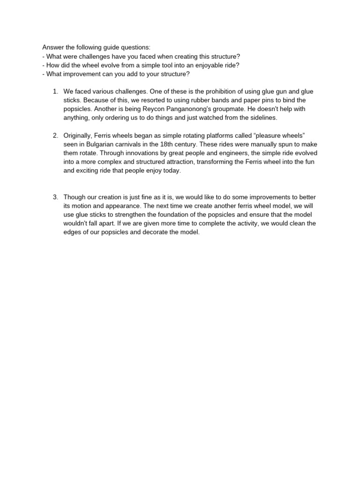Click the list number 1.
55,91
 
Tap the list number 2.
55,135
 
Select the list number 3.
55,197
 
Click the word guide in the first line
110,47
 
